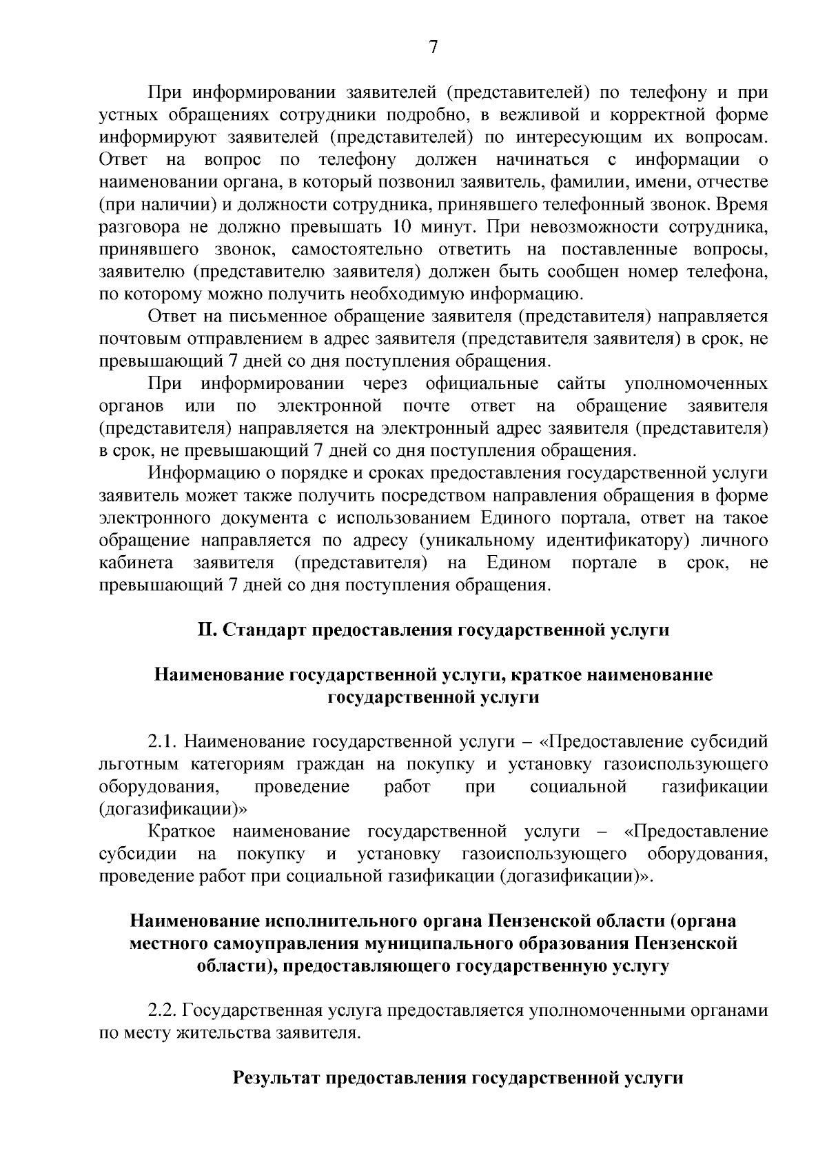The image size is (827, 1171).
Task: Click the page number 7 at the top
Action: point(433,48)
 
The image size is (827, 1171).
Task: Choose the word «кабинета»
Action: point(136,563)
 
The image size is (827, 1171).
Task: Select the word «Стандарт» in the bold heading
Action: point(266,630)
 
